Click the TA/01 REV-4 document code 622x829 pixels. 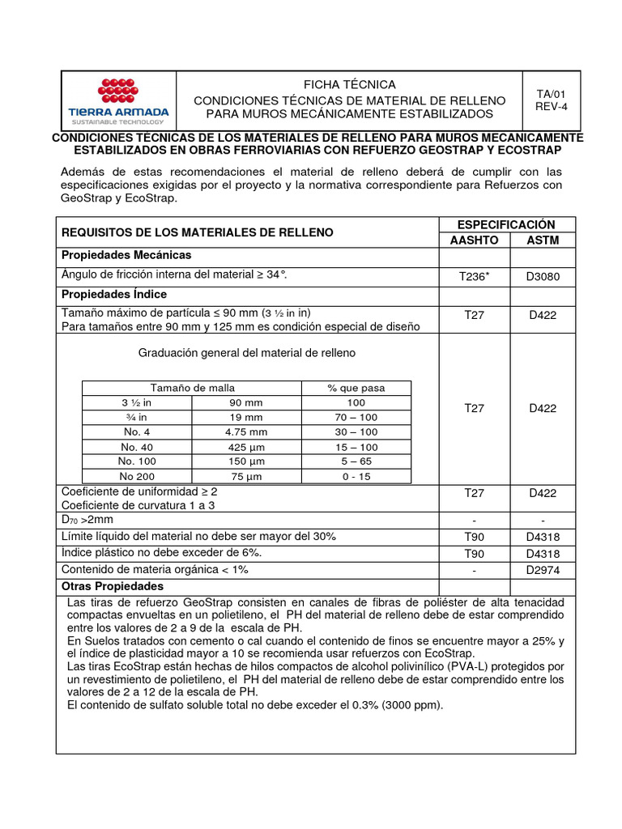[555, 100]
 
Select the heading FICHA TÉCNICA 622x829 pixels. [349, 84]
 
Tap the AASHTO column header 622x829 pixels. [473, 240]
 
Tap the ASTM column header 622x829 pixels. [543, 240]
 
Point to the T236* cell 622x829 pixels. [474, 277]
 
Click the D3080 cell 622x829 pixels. [543, 277]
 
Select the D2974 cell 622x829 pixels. [543, 570]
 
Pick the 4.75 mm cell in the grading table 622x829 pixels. [246, 432]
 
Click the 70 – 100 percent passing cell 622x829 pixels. [356, 417]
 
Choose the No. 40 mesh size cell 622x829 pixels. [137, 446]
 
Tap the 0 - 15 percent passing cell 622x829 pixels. [356, 476]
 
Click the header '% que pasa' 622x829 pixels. [356, 388]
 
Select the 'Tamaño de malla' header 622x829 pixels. [192, 388]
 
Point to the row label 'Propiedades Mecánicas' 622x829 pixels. [126, 255]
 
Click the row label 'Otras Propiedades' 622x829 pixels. [113, 585]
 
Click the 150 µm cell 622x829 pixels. [246, 461]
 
